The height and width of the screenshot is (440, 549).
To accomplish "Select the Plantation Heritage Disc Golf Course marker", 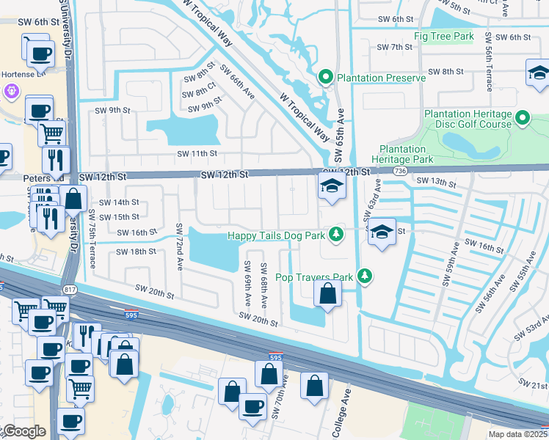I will [x=523, y=117].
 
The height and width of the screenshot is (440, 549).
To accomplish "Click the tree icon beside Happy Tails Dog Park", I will [x=336, y=235].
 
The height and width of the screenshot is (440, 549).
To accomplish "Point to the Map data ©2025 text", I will [x=518, y=434].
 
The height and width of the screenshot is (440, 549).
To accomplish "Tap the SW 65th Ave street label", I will [x=339, y=136].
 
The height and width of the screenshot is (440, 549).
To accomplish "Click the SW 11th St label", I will [x=197, y=153].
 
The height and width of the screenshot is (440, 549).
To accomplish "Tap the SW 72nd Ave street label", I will [x=179, y=246].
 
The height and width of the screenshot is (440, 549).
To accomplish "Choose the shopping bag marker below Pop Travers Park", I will [x=327, y=295].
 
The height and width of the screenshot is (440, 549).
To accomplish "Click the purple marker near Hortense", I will [x=11, y=92].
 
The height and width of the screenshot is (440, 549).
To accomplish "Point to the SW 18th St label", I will [x=137, y=251].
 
